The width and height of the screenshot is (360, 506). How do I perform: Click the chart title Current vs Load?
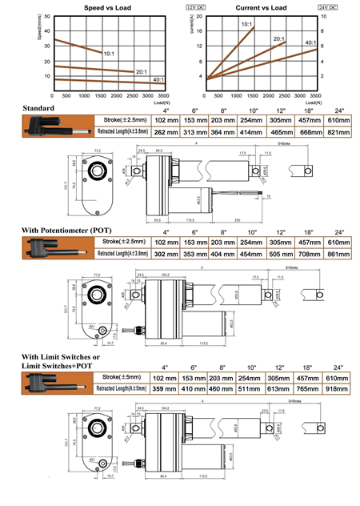tap(260, 7)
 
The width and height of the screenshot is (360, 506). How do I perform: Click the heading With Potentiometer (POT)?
tap(66, 231)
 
